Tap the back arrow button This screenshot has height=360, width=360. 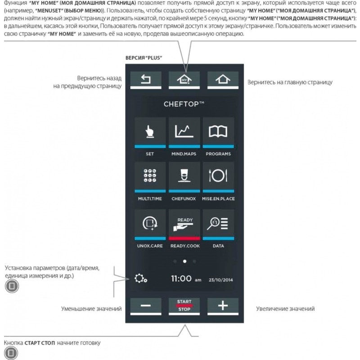click(145, 79)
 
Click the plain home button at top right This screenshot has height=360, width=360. click(222, 79)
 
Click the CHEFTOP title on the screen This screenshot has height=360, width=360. click(184, 104)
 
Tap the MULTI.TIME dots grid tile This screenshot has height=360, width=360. click(150, 176)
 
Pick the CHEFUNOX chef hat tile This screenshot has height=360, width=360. click(184, 176)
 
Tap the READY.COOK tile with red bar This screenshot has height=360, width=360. click(184, 224)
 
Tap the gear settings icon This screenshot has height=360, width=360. click(140, 279)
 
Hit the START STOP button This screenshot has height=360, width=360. click(184, 306)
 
